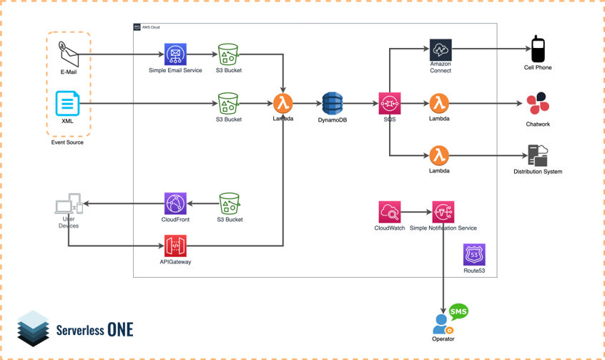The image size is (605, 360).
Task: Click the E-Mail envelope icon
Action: point(68,53)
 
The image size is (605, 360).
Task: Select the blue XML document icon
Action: point(68,104)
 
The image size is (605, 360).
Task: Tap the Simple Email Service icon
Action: point(175,54)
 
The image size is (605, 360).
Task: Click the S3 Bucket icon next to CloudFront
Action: point(229,203)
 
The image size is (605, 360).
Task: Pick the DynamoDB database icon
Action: point(333,104)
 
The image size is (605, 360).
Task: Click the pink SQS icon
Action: point(390,104)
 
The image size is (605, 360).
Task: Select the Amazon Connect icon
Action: point(441,50)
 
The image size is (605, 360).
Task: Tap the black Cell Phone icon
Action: point(538,49)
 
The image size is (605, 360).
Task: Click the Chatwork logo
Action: point(538,104)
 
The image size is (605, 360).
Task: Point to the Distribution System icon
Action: point(538,155)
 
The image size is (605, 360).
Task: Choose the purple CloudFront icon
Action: point(175,203)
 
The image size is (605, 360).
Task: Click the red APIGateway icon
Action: point(175,246)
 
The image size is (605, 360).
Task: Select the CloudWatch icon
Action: point(390,212)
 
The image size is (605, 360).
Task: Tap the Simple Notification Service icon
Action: point(443,212)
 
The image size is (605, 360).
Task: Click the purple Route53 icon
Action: point(473,255)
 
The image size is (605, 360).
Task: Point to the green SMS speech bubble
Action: point(458,312)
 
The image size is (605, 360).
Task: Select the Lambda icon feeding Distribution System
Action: point(439,155)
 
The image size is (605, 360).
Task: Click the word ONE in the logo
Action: point(120,329)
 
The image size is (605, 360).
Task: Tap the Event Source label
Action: point(67,142)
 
